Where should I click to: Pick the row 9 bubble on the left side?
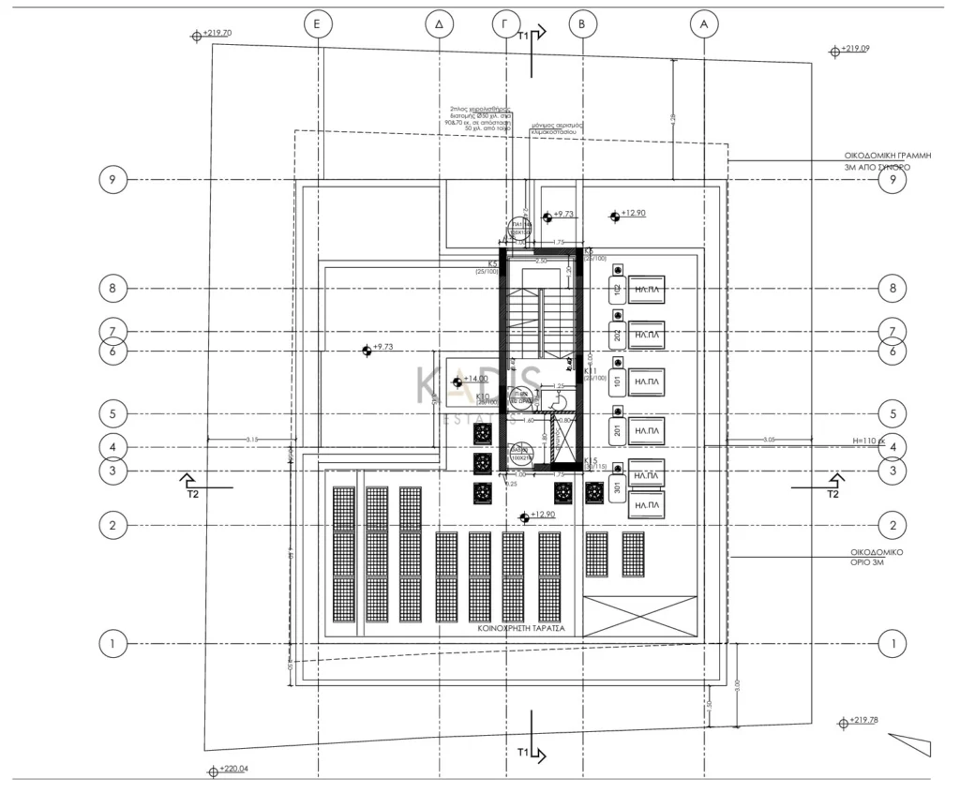[112, 180]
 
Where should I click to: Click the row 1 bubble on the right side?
[892, 644]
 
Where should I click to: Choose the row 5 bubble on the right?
[892, 412]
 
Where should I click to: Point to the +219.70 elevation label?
[217, 34]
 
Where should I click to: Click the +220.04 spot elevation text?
[234, 770]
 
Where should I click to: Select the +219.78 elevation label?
[862, 720]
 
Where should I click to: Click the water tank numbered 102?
[618, 289]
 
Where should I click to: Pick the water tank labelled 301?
[618, 489]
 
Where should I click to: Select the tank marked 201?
[618, 430]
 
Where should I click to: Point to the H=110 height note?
[869, 440]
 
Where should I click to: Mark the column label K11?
[592, 371]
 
